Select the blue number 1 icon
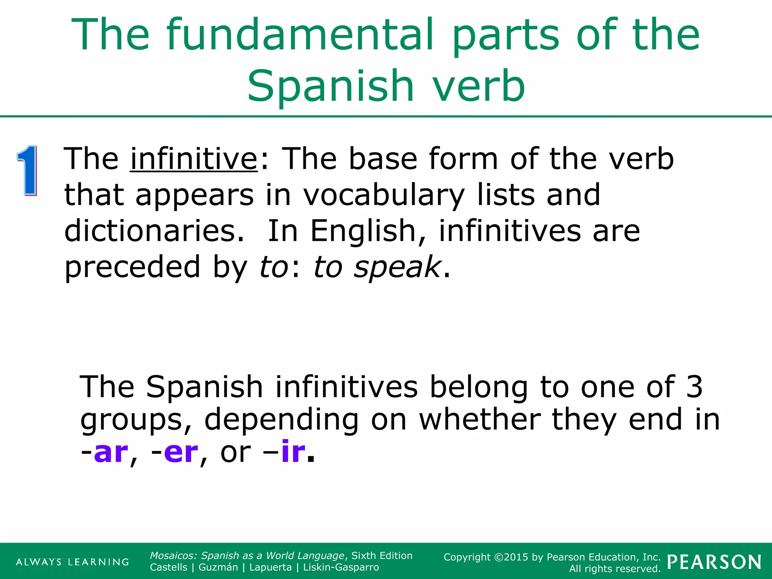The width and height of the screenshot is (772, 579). pos(27,170)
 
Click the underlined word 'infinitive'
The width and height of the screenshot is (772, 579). pos(194,159)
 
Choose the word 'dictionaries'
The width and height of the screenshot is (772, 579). pos(154,231)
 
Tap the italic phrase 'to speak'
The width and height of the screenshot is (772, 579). pos(377,267)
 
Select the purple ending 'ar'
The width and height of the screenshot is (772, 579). pos(111,452)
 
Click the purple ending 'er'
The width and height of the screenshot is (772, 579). pos(181,452)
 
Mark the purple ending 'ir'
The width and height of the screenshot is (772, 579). pos(293,452)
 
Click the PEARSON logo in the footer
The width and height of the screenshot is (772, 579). pos(714,562)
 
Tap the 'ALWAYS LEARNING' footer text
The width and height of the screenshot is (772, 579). pos(72,562)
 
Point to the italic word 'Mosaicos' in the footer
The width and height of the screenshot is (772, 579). pos(173,556)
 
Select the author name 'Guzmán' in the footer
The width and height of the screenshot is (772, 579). pos(218,567)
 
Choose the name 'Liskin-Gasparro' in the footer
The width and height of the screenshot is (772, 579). pos(341,567)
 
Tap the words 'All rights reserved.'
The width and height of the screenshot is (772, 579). pos(615,568)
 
